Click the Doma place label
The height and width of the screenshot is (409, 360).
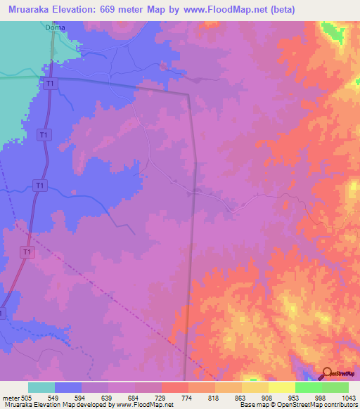[x=55, y=28]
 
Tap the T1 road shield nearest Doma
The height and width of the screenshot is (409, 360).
[x=50, y=84]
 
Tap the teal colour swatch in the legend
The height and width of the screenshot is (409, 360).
[x=41, y=387]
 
